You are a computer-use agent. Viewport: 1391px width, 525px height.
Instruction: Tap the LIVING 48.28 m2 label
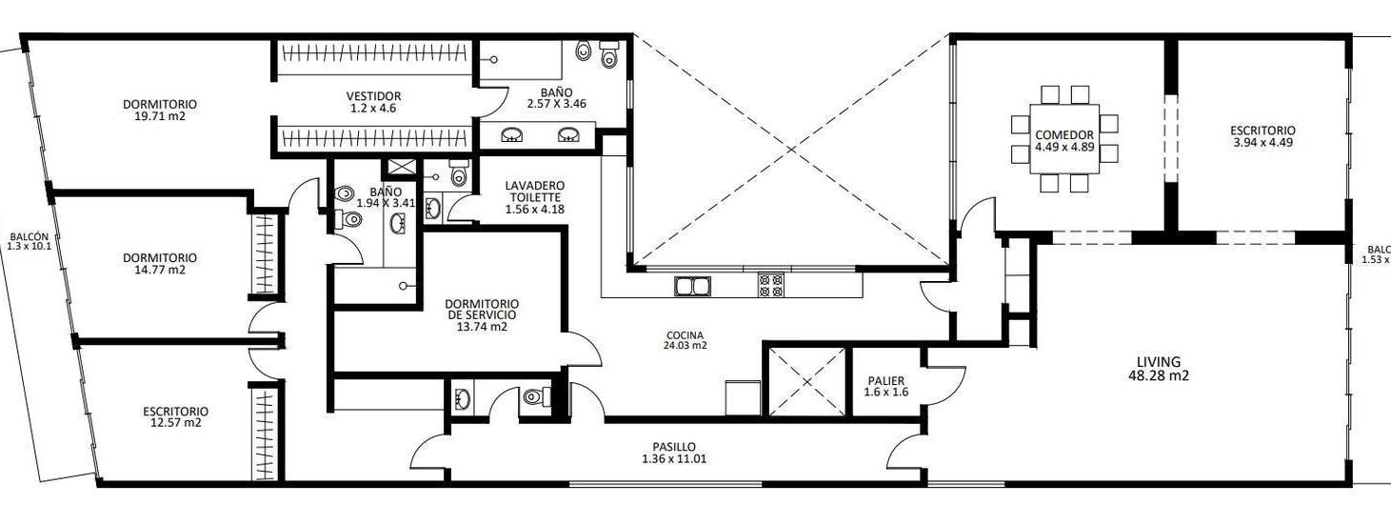click(1158, 369)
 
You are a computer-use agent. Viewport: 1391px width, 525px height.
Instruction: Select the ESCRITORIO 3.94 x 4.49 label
click(1262, 136)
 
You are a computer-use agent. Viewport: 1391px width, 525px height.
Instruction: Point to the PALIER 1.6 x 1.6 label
click(884, 386)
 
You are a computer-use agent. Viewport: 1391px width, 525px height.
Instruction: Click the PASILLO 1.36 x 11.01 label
click(674, 453)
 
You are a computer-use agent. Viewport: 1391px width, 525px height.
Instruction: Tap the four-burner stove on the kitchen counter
click(770, 285)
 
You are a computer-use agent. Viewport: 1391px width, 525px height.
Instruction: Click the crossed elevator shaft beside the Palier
click(807, 382)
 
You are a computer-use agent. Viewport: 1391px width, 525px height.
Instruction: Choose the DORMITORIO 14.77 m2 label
click(160, 264)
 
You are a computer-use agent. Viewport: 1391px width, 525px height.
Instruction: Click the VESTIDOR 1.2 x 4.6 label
click(373, 102)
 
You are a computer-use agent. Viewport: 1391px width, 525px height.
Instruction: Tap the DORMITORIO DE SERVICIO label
click(481, 313)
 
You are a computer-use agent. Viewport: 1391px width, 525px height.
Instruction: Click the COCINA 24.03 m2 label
click(686, 340)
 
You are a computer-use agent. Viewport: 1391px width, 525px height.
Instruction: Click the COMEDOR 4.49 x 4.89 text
click(1064, 141)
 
